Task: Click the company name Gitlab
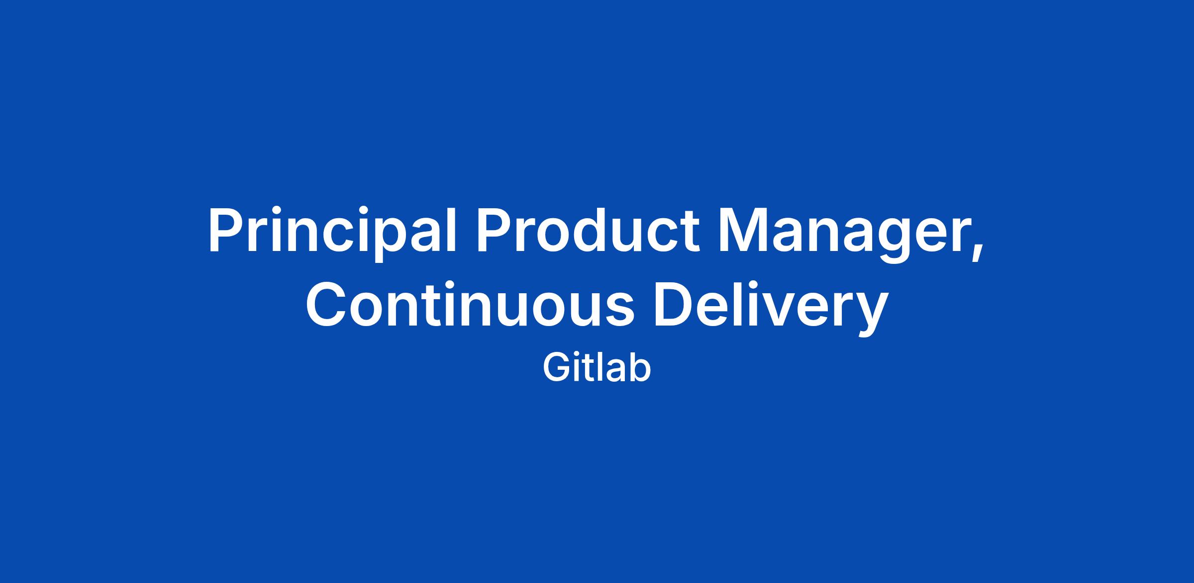click(597, 368)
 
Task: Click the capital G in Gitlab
click(556, 368)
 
